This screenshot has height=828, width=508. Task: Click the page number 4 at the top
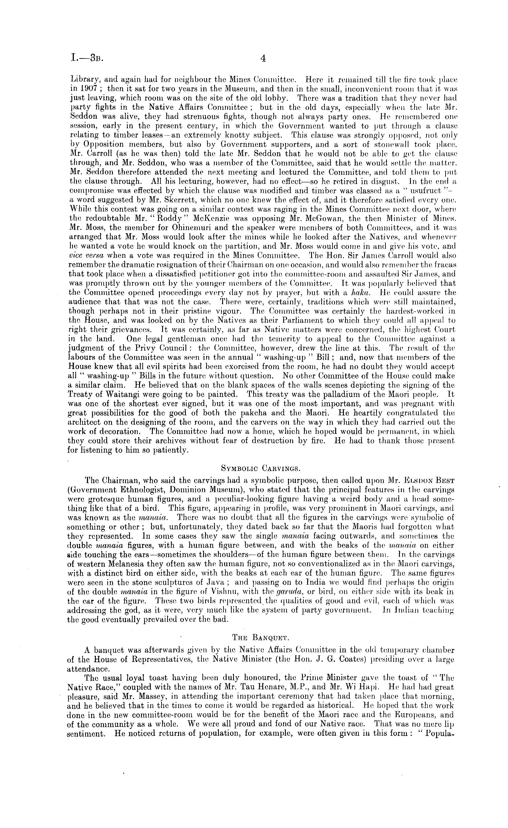pos(263,59)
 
